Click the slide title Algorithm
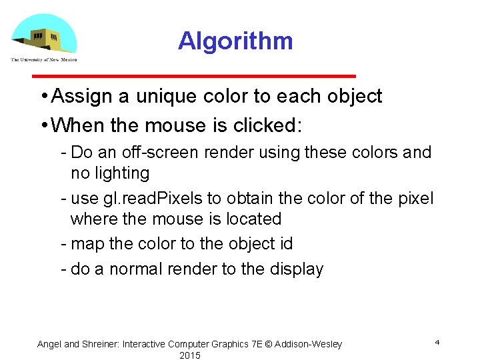(x=235, y=41)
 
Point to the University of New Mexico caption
(x=44, y=59)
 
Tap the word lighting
(x=120, y=173)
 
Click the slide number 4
(x=437, y=342)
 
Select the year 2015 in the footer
(x=190, y=355)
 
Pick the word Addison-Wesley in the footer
(x=310, y=344)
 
